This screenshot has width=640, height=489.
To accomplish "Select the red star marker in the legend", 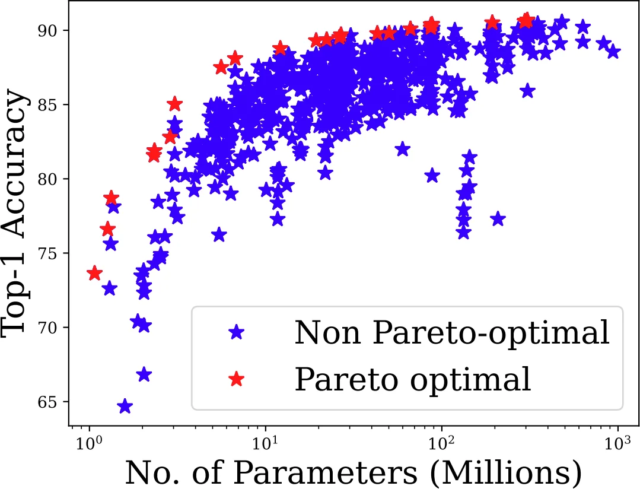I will pyautogui.click(x=237, y=379).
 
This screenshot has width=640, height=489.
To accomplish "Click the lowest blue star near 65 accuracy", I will pyautogui.click(x=125, y=407).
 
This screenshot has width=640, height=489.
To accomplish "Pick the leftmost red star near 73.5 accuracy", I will pyautogui.click(x=94, y=273).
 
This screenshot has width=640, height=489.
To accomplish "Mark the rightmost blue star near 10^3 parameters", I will pyautogui.click(x=613, y=52).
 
